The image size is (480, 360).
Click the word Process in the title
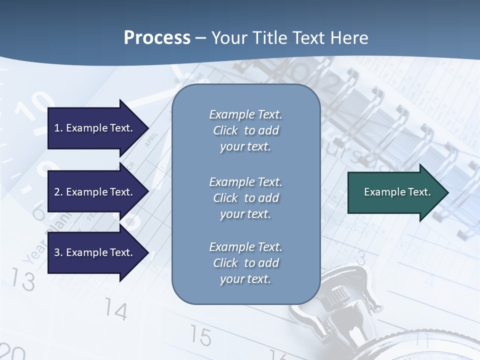coord(157,38)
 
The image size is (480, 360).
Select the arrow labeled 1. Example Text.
coord(95,128)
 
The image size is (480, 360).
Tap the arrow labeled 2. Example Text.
coord(95,192)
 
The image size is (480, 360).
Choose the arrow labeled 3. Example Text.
coord(95,252)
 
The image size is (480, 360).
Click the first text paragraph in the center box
coord(245,130)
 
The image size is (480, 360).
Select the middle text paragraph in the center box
coord(245,198)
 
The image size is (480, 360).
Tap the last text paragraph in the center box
coord(245,263)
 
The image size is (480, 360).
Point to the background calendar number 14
coord(116,310)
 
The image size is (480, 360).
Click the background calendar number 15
coord(200,336)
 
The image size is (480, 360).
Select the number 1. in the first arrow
coord(58,128)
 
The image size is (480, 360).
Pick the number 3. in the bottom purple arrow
coord(58,252)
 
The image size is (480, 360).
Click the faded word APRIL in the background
coord(151,139)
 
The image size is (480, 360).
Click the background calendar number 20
coord(12,352)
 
